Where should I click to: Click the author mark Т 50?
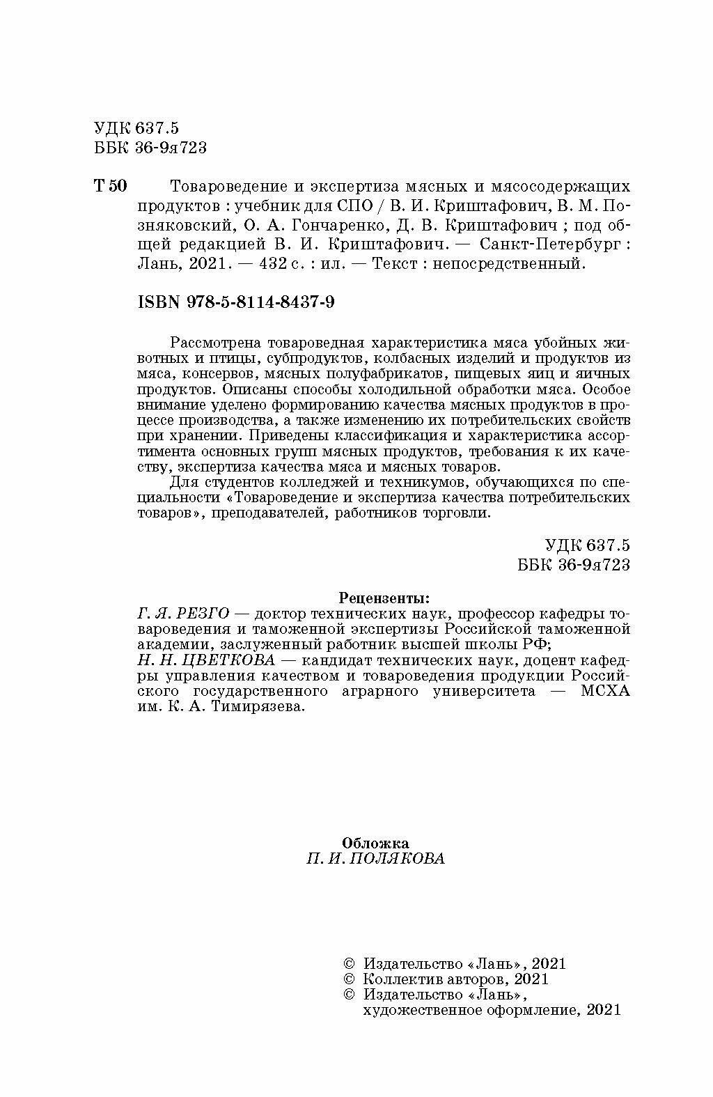tap(110, 186)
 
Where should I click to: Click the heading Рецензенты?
tap(384, 598)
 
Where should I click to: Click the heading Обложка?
tap(377, 843)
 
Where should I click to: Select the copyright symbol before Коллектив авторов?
tap(350, 979)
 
